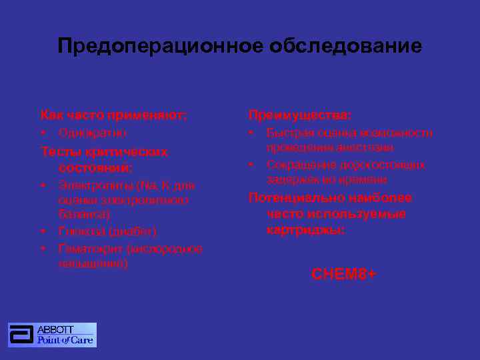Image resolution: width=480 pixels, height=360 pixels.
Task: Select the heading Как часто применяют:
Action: point(113,115)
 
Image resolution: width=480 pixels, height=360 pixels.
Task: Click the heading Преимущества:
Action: point(299,115)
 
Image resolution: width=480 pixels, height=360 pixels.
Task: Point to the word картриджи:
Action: point(306,230)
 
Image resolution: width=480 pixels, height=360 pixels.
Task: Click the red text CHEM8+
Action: point(343,274)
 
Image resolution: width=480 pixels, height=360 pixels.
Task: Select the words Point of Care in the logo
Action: point(65,340)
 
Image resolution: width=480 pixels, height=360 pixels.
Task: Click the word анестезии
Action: point(368,147)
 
